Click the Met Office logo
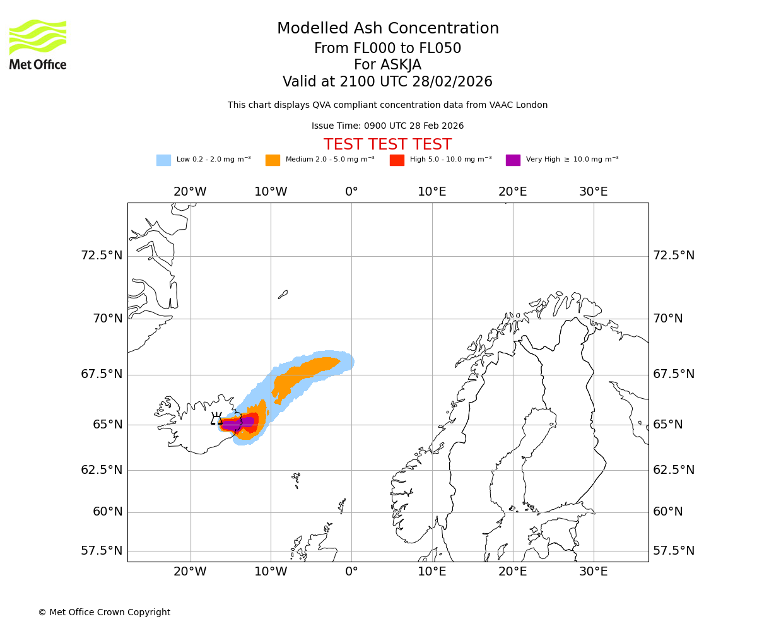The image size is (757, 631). pyautogui.click(x=38, y=44)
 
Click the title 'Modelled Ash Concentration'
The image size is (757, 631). pyautogui.click(x=387, y=29)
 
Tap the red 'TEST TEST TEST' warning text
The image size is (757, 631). pyautogui.click(x=387, y=145)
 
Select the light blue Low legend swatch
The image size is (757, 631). pyautogui.click(x=163, y=160)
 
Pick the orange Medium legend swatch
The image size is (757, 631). pyautogui.click(x=273, y=160)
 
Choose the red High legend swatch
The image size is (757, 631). pyautogui.click(x=397, y=160)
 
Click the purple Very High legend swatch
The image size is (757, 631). pyautogui.click(x=513, y=160)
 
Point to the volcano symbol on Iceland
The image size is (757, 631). pyautogui.click(x=216, y=418)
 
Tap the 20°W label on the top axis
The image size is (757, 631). pyautogui.click(x=190, y=192)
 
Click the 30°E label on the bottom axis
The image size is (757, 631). pyautogui.click(x=593, y=572)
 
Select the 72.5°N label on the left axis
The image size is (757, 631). pyautogui.click(x=102, y=256)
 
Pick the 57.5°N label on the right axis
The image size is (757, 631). pyautogui.click(x=674, y=551)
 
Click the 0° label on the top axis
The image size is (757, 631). pyautogui.click(x=351, y=192)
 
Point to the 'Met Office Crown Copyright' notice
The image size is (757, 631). pyautogui.click(x=104, y=613)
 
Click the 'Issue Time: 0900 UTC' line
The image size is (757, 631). pyautogui.click(x=387, y=126)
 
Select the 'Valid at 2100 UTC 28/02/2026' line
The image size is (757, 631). pyautogui.click(x=387, y=82)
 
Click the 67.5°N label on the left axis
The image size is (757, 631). pyautogui.click(x=102, y=374)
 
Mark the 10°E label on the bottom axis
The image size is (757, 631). pyautogui.click(x=432, y=572)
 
